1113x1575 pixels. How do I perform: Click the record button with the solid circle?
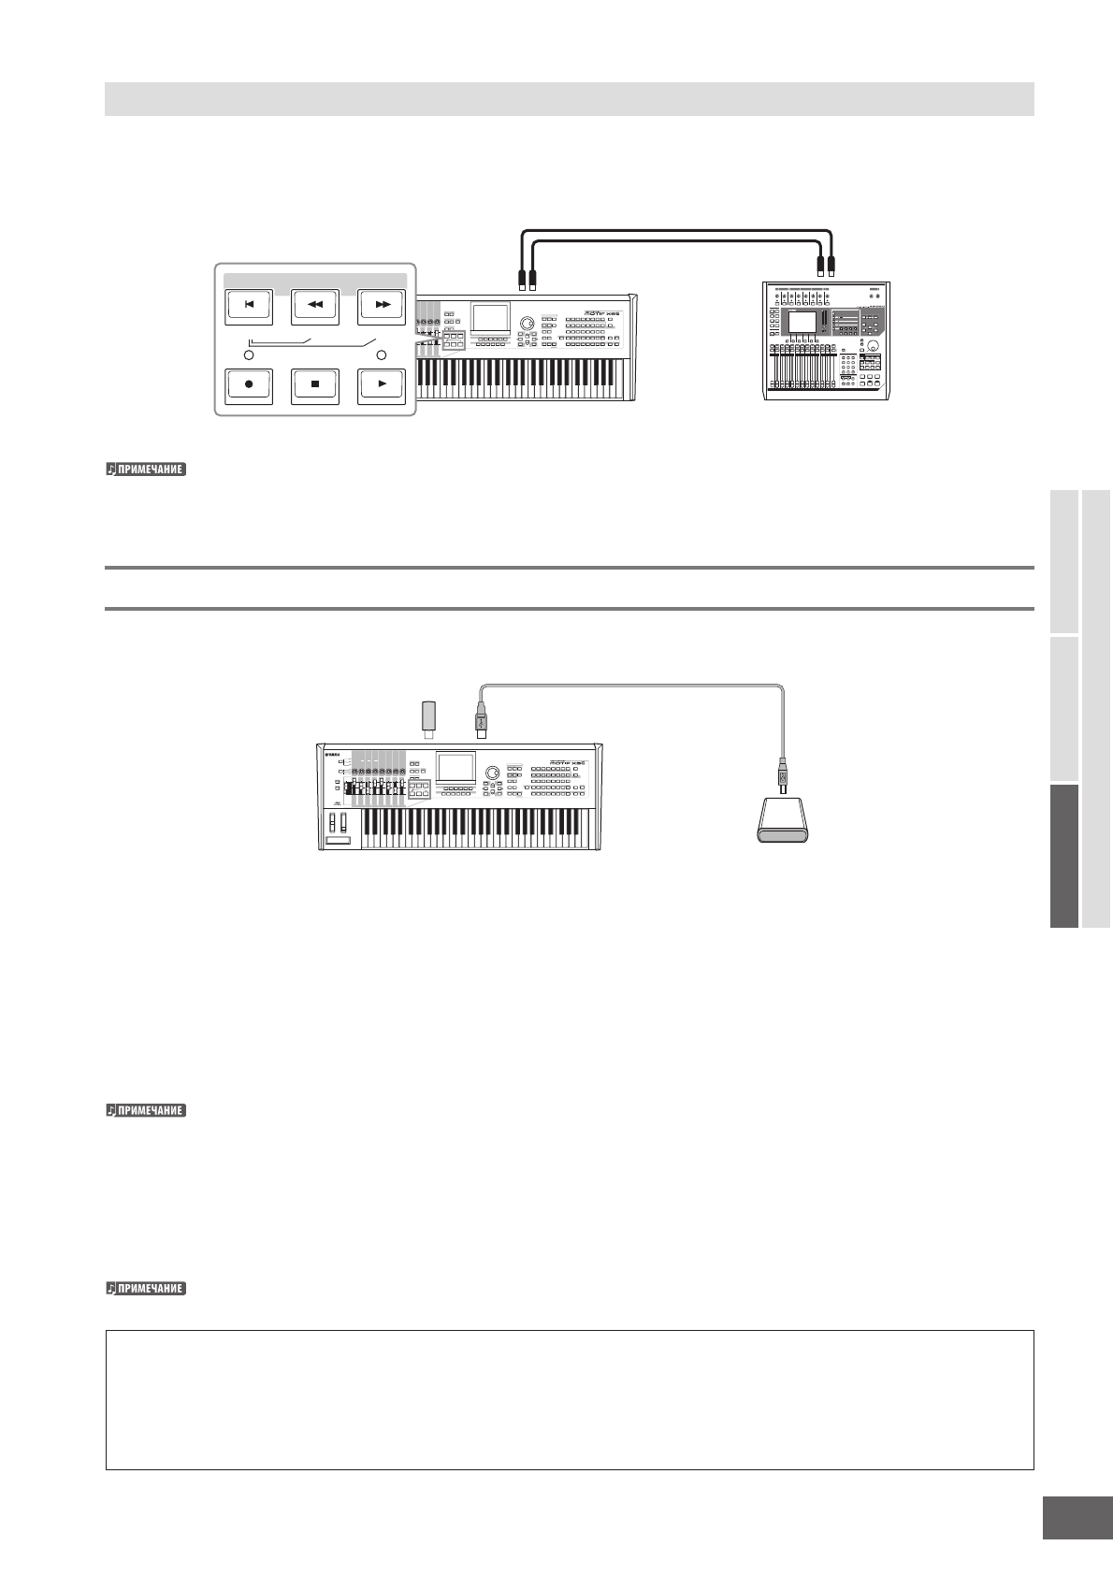pyautogui.click(x=249, y=384)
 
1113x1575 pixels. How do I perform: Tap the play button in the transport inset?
pyautogui.click(x=382, y=384)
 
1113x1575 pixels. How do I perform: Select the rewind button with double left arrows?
pyautogui.click(x=315, y=305)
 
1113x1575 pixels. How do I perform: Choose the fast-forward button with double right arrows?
pyautogui.click(x=382, y=305)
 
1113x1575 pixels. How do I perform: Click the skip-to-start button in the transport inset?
pyautogui.click(x=249, y=305)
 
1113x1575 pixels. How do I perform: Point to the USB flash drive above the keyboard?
pyautogui.click(x=429, y=718)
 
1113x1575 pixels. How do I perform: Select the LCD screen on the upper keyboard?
pyautogui.click(x=490, y=319)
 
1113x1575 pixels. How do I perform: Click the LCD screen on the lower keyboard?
pyautogui.click(x=455, y=769)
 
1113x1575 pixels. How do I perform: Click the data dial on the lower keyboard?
pyautogui.click(x=493, y=773)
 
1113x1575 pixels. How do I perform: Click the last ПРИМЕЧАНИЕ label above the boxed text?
pyautogui.click(x=146, y=1289)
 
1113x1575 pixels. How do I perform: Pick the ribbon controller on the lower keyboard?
pyautogui.click(x=339, y=842)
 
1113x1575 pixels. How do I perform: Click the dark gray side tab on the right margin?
pyautogui.click(x=1062, y=855)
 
